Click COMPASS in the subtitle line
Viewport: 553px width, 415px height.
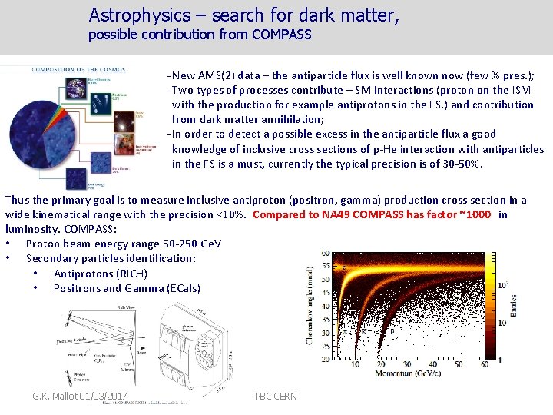tap(279, 35)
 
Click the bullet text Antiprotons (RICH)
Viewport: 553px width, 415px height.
tap(100, 274)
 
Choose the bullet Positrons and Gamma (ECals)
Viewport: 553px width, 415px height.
tap(127, 288)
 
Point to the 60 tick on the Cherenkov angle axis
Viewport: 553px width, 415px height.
tap(326, 253)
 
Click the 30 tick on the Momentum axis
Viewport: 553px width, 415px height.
tap(422, 364)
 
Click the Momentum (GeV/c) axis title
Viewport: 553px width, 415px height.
tap(418, 374)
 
